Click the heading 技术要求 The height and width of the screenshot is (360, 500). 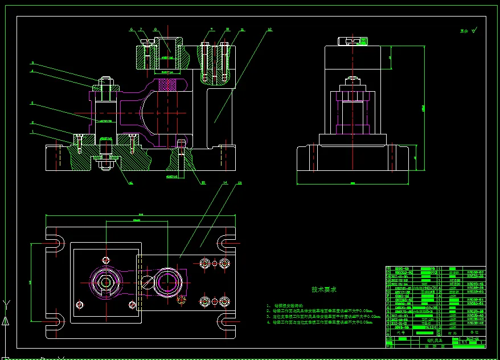[324, 289]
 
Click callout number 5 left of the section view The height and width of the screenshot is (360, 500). [33, 63]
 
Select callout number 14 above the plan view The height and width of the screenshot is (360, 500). [226, 183]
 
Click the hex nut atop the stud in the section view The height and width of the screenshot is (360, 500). [105, 88]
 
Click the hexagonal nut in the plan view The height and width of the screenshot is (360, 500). [105, 282]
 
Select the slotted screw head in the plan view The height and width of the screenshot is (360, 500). [147, 282]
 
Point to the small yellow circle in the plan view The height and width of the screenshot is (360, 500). [182, 299]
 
